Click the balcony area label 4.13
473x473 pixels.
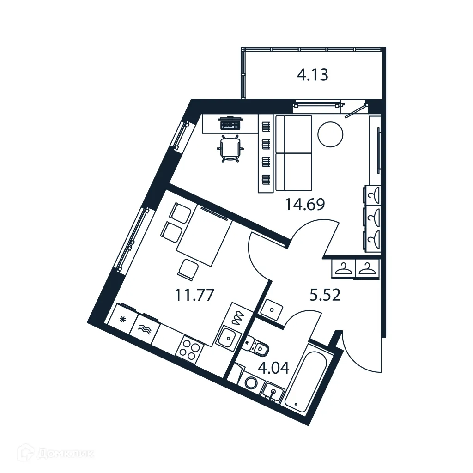point(312,75)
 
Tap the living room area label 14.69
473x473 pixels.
point(305,204)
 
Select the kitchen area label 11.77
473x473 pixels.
point(194,295)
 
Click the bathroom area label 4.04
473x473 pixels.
point(273,368)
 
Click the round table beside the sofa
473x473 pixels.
point(330,134)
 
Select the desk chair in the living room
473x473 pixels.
point(230,149)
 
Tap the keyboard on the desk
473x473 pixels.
point(230,124)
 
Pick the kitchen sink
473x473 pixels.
point(227,339)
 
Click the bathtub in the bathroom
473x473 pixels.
point(306,382)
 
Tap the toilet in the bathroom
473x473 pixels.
point(257,346)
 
